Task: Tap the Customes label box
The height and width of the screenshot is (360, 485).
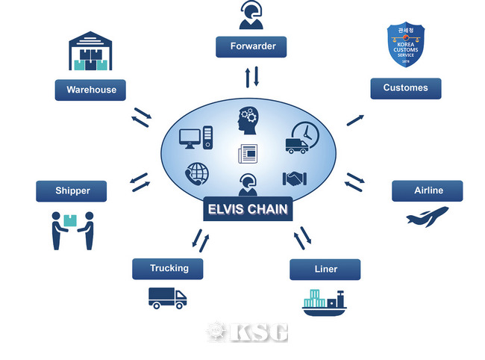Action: pyautogui.click(x=405, y=88)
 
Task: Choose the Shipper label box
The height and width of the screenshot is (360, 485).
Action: pyautogui.click(x=72, y=190)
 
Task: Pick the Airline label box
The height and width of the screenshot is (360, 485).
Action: pyautogui.click(x=428, y=190)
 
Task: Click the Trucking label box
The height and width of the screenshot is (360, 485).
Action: pyautogui.click(x=169, y=268)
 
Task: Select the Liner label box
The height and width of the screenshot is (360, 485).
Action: pyautogui.click(x=325, y=269)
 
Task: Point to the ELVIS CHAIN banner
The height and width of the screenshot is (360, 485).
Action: pyautogui.click(x=248, y=209)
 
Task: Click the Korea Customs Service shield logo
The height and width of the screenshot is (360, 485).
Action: pyautogui.click(x=406, y=44)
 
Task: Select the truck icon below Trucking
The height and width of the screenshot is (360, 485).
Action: pyautogui.click(x=167, y=298)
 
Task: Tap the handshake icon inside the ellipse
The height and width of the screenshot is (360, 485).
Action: pyautogui.click(x=295, y=179)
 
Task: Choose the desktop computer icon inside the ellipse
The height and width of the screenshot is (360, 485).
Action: pyautogui.click(x=197, y=137)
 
